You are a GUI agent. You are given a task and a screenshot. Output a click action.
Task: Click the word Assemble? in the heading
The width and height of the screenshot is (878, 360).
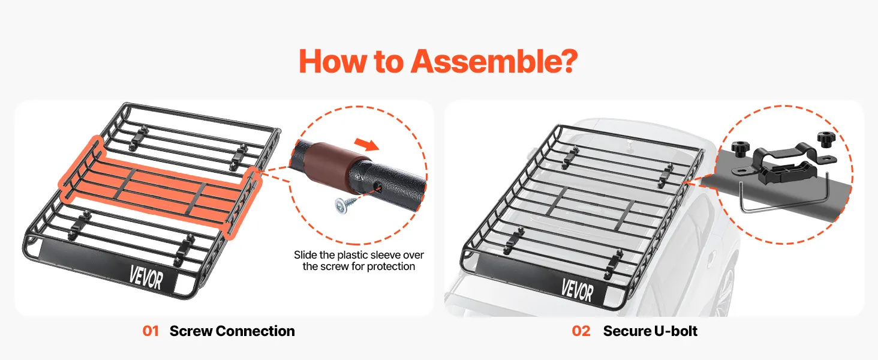[x=494, y=62]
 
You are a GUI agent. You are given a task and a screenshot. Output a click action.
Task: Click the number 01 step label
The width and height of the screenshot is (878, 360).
[x=151, y=331]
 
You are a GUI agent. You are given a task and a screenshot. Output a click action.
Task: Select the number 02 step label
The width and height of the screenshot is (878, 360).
[x=581, y=331]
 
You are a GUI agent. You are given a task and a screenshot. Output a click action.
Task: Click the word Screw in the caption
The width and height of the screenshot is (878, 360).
[x=191, y=331]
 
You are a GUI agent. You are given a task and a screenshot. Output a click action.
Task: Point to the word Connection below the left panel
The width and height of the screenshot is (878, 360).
[x=255, y=331]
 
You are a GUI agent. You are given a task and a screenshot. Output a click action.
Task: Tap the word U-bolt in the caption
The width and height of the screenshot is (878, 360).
[x=674, y=331]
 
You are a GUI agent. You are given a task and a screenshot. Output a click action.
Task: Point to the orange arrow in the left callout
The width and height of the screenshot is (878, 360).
[x=366, y=145]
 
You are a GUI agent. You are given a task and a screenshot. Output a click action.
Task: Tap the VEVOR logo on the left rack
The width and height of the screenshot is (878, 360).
[x=146, y=278]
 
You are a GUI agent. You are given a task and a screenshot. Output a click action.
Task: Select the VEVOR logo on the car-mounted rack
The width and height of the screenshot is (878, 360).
[x=577, y=290]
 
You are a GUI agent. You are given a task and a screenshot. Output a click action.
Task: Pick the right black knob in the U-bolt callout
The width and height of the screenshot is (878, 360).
[x=826, y=140]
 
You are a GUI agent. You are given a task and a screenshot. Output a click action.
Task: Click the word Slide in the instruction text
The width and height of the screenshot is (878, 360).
[x=306, y=255]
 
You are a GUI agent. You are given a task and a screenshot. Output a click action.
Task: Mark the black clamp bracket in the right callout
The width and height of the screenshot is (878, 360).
[x=784, y=164]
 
